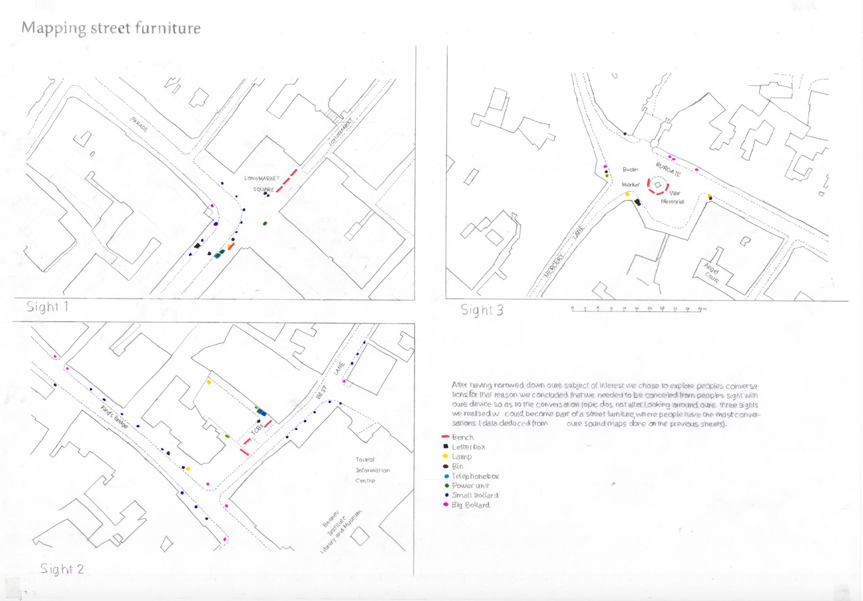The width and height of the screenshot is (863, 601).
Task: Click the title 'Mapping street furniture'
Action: point(111,28)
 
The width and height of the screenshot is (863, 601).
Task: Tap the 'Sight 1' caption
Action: point(47,307)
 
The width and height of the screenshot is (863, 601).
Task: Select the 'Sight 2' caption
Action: point(62,569)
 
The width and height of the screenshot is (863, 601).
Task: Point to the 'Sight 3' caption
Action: point(481,310)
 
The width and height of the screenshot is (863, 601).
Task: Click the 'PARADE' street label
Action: point(139,124)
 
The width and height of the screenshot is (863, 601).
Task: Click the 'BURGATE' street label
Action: point(668,169)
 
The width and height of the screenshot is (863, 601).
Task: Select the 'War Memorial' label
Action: point(673,197)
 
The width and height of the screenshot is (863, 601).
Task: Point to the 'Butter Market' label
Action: point(631,177)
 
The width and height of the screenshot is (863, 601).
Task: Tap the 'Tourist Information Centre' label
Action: point(372,470)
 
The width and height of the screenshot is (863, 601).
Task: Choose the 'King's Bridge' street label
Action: point(114,417)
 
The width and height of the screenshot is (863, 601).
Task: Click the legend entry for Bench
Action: point(463,437)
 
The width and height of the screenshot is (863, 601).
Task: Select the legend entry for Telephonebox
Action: point(475,476)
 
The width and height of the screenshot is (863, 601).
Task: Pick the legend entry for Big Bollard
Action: point(470,505)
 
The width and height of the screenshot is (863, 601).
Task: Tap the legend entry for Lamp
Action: point(461,457)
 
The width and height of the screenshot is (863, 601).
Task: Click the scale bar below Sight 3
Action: point(638,309)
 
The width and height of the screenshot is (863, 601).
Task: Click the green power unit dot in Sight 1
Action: point(265,223)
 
